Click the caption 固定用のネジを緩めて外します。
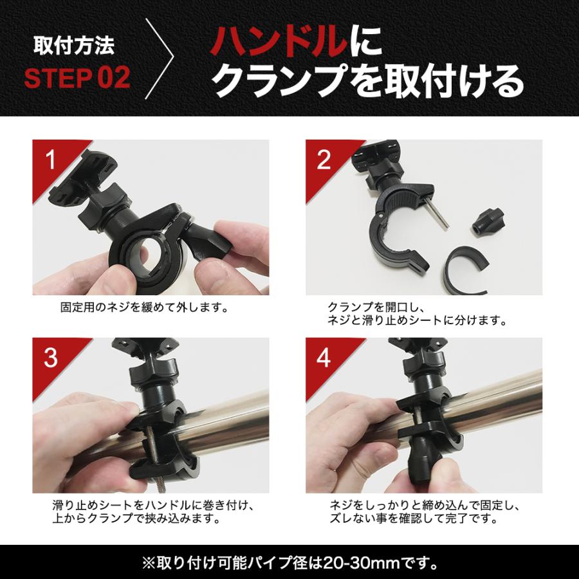144,308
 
